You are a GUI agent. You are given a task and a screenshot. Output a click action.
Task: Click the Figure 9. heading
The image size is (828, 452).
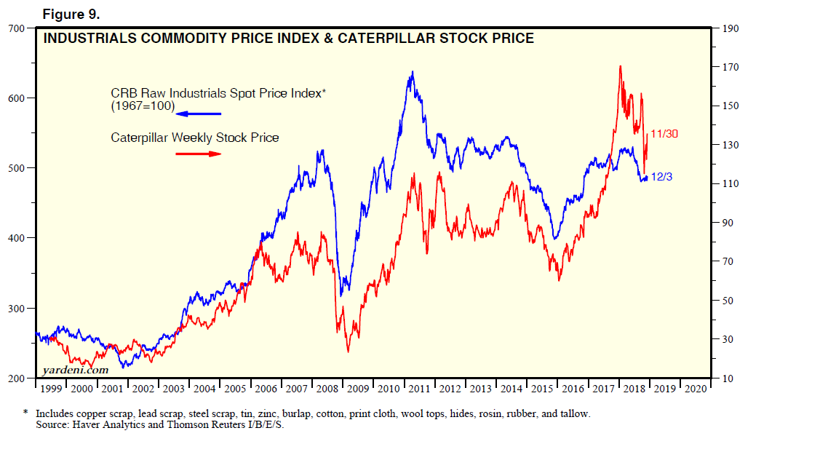click(71, 13)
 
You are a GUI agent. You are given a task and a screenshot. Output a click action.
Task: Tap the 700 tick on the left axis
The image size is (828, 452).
click(16, 28)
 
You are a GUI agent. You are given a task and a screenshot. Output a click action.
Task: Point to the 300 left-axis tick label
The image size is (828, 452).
click(16, 309)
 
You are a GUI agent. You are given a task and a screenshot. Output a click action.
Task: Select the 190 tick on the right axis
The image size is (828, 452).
click(730, 28)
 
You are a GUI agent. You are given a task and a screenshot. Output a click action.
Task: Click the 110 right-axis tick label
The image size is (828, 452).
click(730, 184)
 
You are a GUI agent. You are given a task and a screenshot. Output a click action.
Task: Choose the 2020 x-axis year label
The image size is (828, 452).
click(696, 389)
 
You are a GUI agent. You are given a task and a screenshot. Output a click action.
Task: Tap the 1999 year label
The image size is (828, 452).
click(51, 389)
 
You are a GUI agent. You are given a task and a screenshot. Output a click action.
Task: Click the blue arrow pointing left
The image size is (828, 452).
click(198, 114)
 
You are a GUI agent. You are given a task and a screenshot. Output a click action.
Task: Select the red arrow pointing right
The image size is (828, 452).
click(198, 154)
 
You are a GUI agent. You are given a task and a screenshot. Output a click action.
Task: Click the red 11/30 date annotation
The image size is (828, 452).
click(664, 134)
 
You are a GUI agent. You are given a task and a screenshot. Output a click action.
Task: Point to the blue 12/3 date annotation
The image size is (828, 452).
click(661, 176)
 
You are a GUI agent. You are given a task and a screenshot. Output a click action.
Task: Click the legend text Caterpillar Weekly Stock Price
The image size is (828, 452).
click(194, 138)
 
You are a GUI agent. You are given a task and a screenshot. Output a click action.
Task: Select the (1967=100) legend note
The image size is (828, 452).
click(143, 106)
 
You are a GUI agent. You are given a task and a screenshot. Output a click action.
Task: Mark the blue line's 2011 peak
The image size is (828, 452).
click(413, 72)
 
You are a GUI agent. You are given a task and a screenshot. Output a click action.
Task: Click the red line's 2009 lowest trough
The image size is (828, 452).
click(348, 352)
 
